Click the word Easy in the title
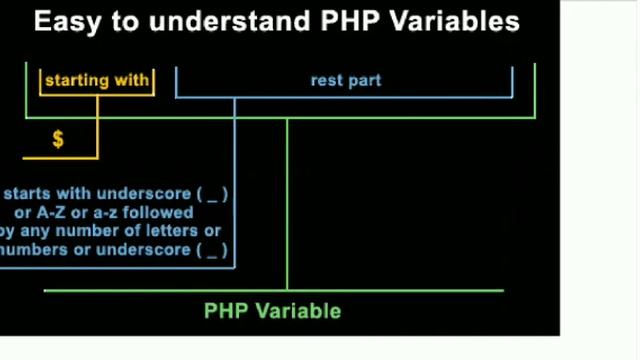point(61,22)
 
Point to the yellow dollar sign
point(58,139)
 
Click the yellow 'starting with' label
point(97,80)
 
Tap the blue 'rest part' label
point(345,80)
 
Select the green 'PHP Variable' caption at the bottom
point(273,311)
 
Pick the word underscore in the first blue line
point(144,194)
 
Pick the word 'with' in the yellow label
point(132,80)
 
